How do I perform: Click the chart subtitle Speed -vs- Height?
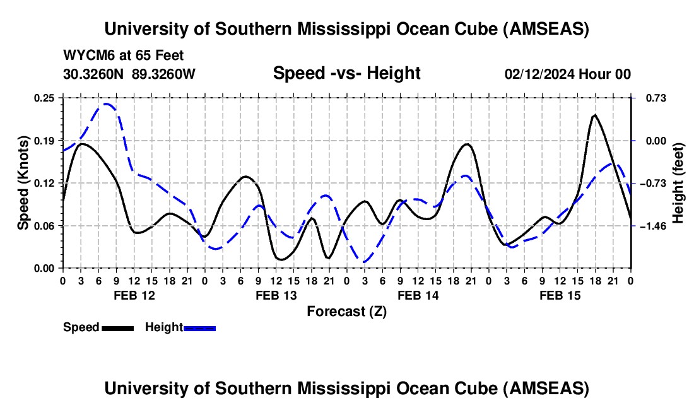[x=346, y=73]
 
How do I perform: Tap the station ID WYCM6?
[x=86, y=56]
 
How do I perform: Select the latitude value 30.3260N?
[x=94, y=74]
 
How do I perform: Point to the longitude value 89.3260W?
[x=163, y=74]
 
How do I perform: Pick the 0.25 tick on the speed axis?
[x=45, y=98]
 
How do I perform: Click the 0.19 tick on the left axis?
[x=45, y=140]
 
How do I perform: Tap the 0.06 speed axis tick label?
[x=45, y=225]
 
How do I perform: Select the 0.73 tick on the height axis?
[x=649, y=98]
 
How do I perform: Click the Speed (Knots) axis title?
[x=23, y=183]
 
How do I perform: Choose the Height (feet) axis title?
[x=678, y=183]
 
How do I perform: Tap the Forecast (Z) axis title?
[x=346, y=311]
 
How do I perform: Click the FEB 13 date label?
[x=276, y=295]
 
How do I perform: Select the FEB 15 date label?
[x=560, y=295]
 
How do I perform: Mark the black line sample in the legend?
[x=117, y=327]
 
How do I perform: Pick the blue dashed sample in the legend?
[x=199, y=327]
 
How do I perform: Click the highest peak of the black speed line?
[x=594, y=115]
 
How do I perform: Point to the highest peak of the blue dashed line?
[x=107, y=104]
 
